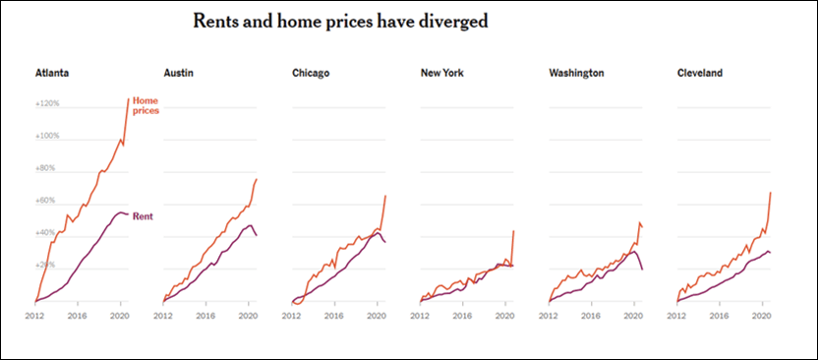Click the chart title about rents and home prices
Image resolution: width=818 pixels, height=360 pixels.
coord(340,21)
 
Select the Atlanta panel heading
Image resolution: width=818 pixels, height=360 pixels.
coord(51,73)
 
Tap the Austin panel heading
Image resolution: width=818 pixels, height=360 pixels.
coord(178,73)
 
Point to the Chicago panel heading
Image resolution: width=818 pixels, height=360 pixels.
coord(311,73)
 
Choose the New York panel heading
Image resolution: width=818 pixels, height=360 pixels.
coord(441,73)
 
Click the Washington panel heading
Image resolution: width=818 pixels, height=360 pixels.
coord(576,73)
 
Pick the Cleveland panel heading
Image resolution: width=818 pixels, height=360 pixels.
coord(702,73)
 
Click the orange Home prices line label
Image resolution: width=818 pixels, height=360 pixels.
coord(146,105)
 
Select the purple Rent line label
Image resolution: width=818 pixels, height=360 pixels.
coord(143,215)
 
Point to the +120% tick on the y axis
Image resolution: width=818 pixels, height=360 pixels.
coord(47,103)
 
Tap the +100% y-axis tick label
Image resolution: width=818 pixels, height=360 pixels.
coord(47,136)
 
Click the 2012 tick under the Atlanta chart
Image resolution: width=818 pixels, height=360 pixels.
coord(35,317)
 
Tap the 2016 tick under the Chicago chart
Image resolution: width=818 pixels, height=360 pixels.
coord(334,317)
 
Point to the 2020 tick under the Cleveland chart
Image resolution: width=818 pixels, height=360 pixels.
coord(760,317)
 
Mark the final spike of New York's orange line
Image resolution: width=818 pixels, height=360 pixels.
coord(514,231)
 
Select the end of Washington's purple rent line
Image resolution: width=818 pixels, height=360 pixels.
coord(642,270)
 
